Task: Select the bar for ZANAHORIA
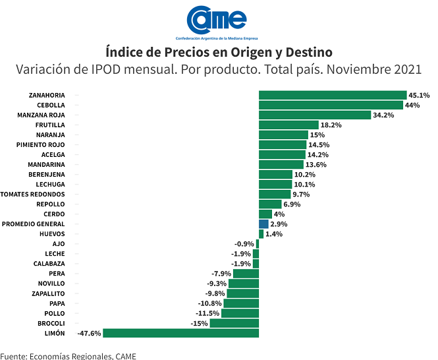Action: click(333, 95)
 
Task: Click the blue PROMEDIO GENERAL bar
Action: click(263, 224)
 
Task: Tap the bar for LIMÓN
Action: click(180, 333)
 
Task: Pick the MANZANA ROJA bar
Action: click(315, 115)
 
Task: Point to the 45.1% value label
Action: click(419, 95)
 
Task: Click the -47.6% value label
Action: click(89, 333)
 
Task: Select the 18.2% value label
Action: click(331, 125)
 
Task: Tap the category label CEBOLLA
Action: click(51, 105)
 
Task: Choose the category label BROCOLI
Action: click(51, 323)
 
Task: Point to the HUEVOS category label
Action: click(52, 234)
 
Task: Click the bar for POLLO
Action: click(240, 313)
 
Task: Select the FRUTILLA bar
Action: click(288, 125)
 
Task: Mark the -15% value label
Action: click(198, 323)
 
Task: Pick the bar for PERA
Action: click(246, 274)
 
